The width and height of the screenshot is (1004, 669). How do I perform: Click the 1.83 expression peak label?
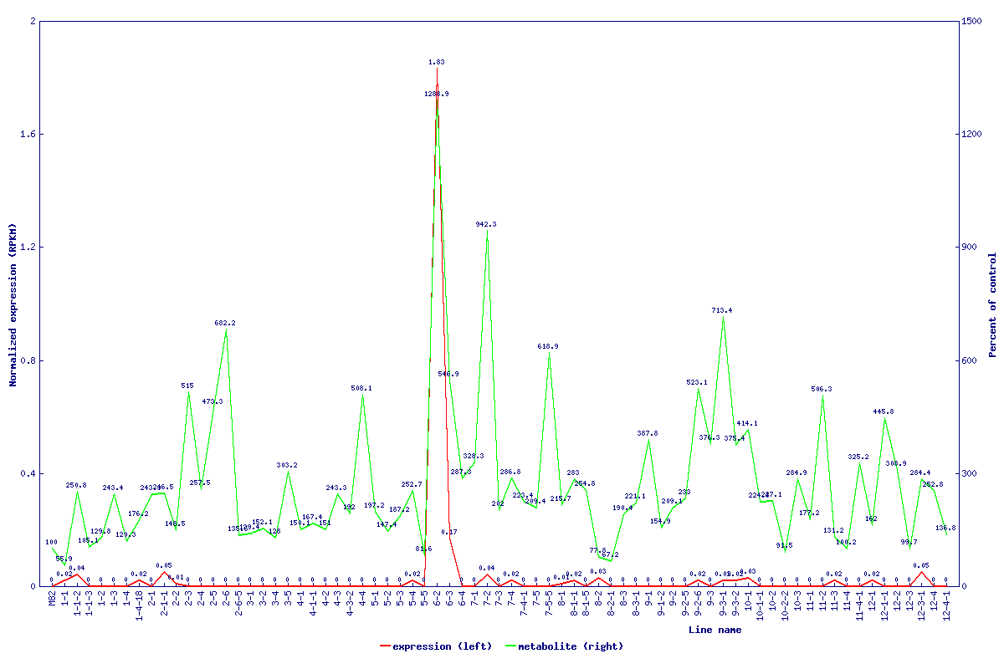436,62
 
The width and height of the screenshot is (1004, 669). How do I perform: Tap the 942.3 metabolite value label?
486,224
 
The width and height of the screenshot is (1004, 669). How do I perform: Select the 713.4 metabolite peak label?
722,310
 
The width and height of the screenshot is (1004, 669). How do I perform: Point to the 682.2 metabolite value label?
225,323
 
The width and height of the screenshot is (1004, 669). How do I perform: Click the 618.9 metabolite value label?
548,346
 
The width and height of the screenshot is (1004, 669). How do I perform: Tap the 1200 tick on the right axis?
973,134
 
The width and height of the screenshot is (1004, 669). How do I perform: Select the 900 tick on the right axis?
971,248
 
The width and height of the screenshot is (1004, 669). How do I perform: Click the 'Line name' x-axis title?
715,631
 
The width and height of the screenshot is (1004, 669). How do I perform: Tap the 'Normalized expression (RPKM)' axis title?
13,304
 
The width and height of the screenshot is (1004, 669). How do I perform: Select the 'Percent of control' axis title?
993,304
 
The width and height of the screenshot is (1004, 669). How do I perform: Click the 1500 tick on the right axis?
973,21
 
